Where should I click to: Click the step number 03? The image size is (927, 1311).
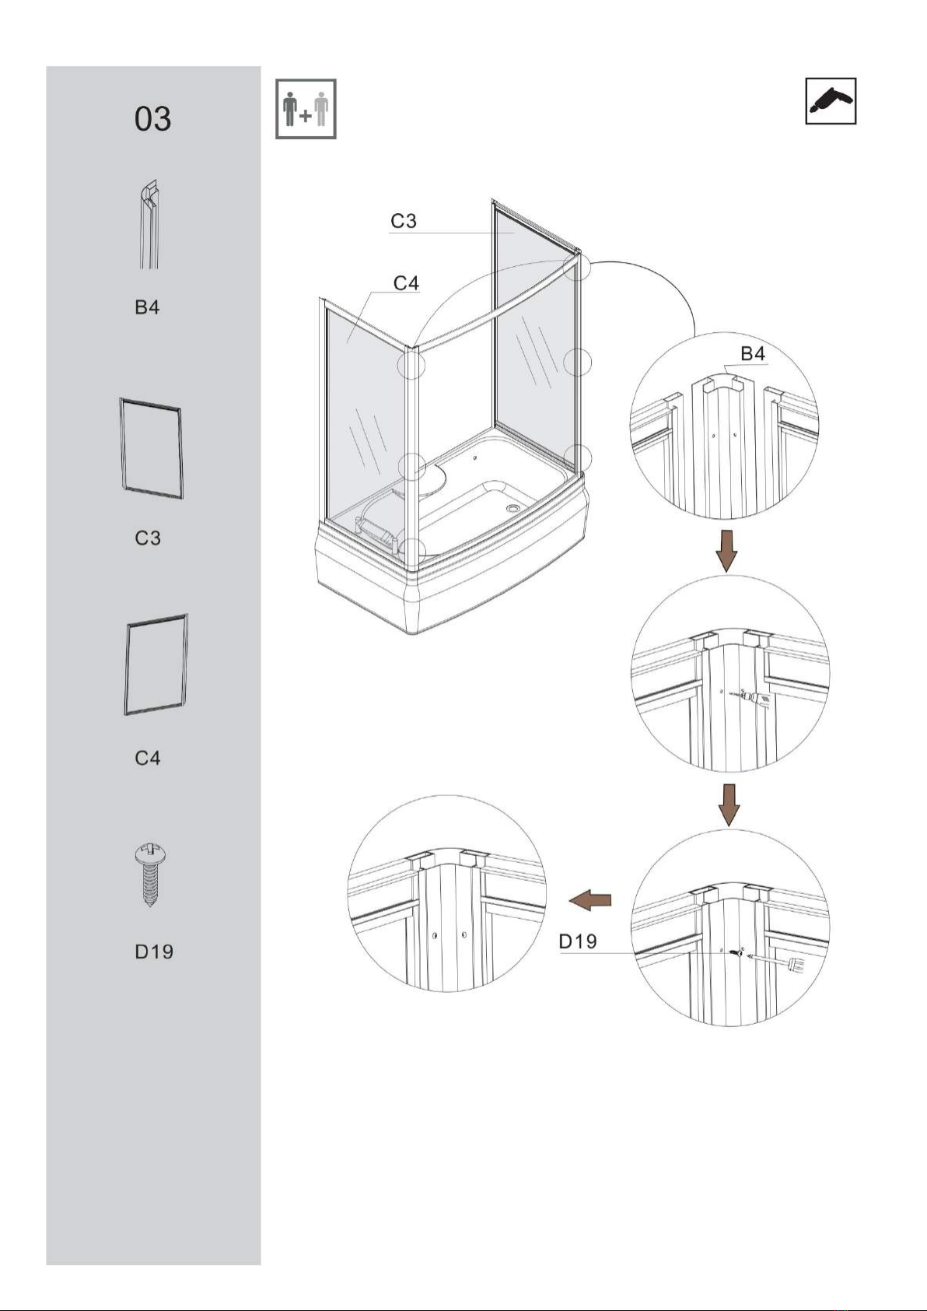pyautogui.click(x=152, y=119)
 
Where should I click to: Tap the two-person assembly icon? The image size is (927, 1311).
pyautogui.click(x=306, y=109)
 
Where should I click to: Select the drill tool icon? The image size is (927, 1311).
pyautogui.click(x=831, y=100)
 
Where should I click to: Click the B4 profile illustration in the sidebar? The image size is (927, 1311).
pyautogui.click(x=149, y=224)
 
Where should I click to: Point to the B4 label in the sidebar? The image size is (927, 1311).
pyautogui.click(x=147, y=307)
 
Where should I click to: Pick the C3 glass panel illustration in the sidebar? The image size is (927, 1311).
pyautogui.click(x=152, y=448)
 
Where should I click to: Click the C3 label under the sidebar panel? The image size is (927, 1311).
pyautogui.click(x=148, y=538)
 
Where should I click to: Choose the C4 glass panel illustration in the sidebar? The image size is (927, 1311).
pyautogui.click(x=156, y=665)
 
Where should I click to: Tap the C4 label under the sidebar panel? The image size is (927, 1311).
pyautogui.click(x=148, y=758)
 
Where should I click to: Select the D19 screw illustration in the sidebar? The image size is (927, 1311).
pyautogui.click(x=149, y=875)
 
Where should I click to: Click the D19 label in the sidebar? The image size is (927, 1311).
pyautogui.click(x=154, y=952)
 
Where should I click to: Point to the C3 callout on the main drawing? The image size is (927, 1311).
pyautogui.click(x=404, y=221)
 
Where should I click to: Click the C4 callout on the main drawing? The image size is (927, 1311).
pyautogui.click(x=407, y=283)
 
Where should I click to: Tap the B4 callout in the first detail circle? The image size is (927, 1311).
pyautogui.click(x=753, y=353)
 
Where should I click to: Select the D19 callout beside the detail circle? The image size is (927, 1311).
pyautogui.click(x=578, y=941)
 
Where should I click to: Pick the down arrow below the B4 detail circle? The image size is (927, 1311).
pyautogui.click(x=727, y=551)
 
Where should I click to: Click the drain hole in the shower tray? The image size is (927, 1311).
pyautogui.click(x=514, y=508)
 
